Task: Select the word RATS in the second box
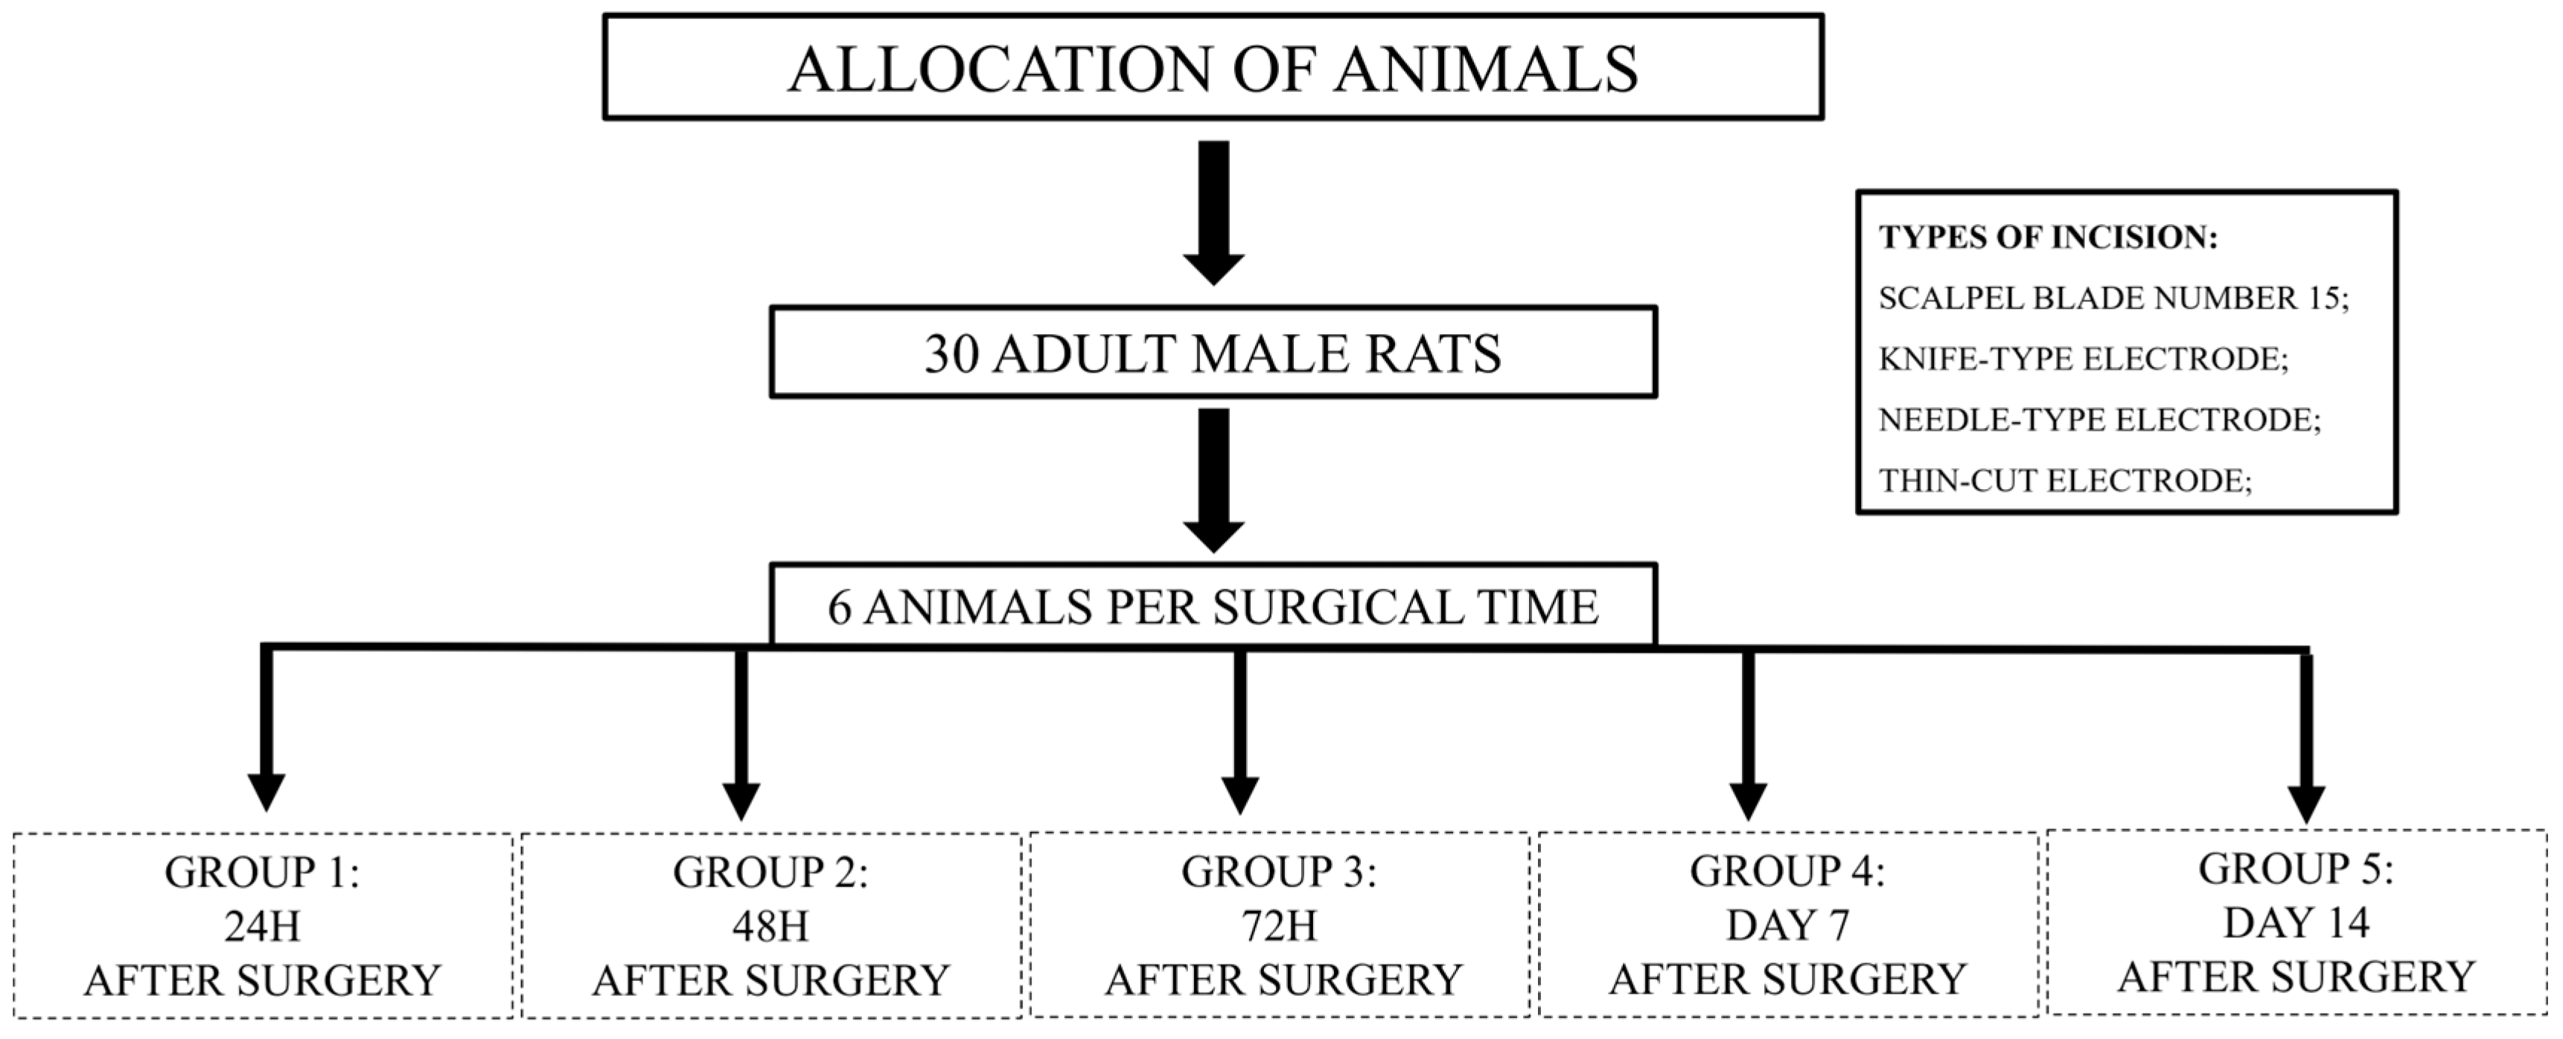pyautogui.click(x=1434, y=354)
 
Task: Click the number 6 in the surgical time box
pyautogui.click(x=839, y=608)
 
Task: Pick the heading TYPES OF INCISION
pyautogui.click(x=2048, y=238)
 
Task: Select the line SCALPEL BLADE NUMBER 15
pyautogui.click(x=2113, y=298)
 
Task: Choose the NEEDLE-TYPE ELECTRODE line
pyautogui.click(x=2099, y=420)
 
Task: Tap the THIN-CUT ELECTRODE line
pyautogui.click(x=2064, y=482)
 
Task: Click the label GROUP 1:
pyautogui.click(x=262, y=873)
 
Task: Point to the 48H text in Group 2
pyautogui.click(x=770, y=927)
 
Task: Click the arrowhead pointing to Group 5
pyautogui.click(x=2306, y=802)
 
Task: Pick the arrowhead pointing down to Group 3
pyautogui.click(x=1239, y=794)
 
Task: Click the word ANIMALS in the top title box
pyautogui.click(x=1487, y=70)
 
